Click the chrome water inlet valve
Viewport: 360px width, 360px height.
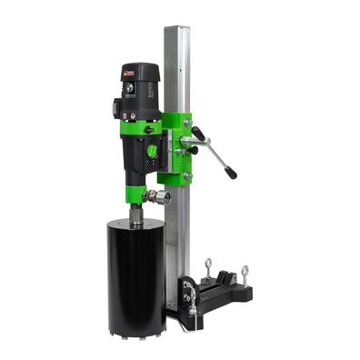(160, 195)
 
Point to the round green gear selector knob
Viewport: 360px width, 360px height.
(152, 151)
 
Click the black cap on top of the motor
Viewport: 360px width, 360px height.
(140, 71)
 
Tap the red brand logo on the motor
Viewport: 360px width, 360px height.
(129, 73)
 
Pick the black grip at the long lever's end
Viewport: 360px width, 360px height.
(231, 171)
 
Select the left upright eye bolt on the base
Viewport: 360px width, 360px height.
(208, 266)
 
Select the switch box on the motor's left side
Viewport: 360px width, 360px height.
(115, 107)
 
